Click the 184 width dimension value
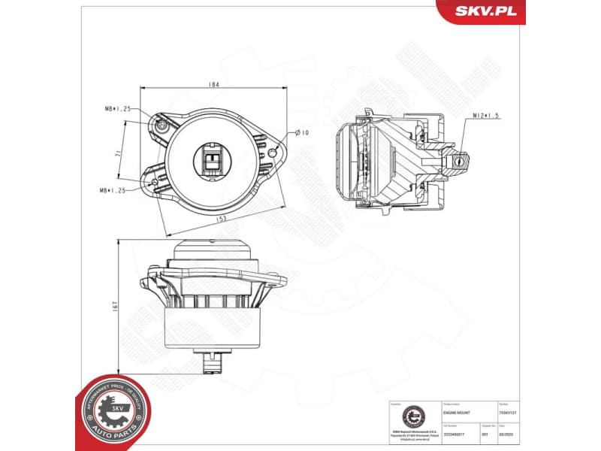[x=214, y=85]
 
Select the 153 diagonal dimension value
[x=222, y=219]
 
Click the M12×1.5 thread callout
[x=487, y=116]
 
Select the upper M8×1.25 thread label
[x=117, y=109]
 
